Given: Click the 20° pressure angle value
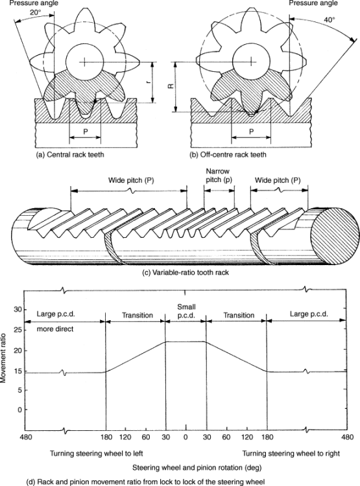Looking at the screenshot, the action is (35, 13).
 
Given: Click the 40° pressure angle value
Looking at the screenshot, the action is (330, 19).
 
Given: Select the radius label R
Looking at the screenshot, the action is (171, 86).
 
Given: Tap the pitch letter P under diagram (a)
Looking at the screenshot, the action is (86, 131).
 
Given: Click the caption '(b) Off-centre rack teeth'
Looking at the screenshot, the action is (228, 154).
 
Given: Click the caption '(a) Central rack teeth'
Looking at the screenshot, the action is (70, 154).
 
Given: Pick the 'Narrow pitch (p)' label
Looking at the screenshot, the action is (219, 175).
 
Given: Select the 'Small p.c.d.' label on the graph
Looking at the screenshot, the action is (186, 311).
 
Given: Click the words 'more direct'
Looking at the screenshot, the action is (55, 329).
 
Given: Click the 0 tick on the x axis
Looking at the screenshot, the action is (186, 437).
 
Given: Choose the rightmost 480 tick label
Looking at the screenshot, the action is (348, 437).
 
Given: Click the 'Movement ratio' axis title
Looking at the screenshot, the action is (3, 358).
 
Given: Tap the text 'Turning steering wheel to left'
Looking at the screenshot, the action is (97, 454).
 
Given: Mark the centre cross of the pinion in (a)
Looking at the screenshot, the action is (84, 62).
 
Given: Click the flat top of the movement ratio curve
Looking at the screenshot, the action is (186, 341).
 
